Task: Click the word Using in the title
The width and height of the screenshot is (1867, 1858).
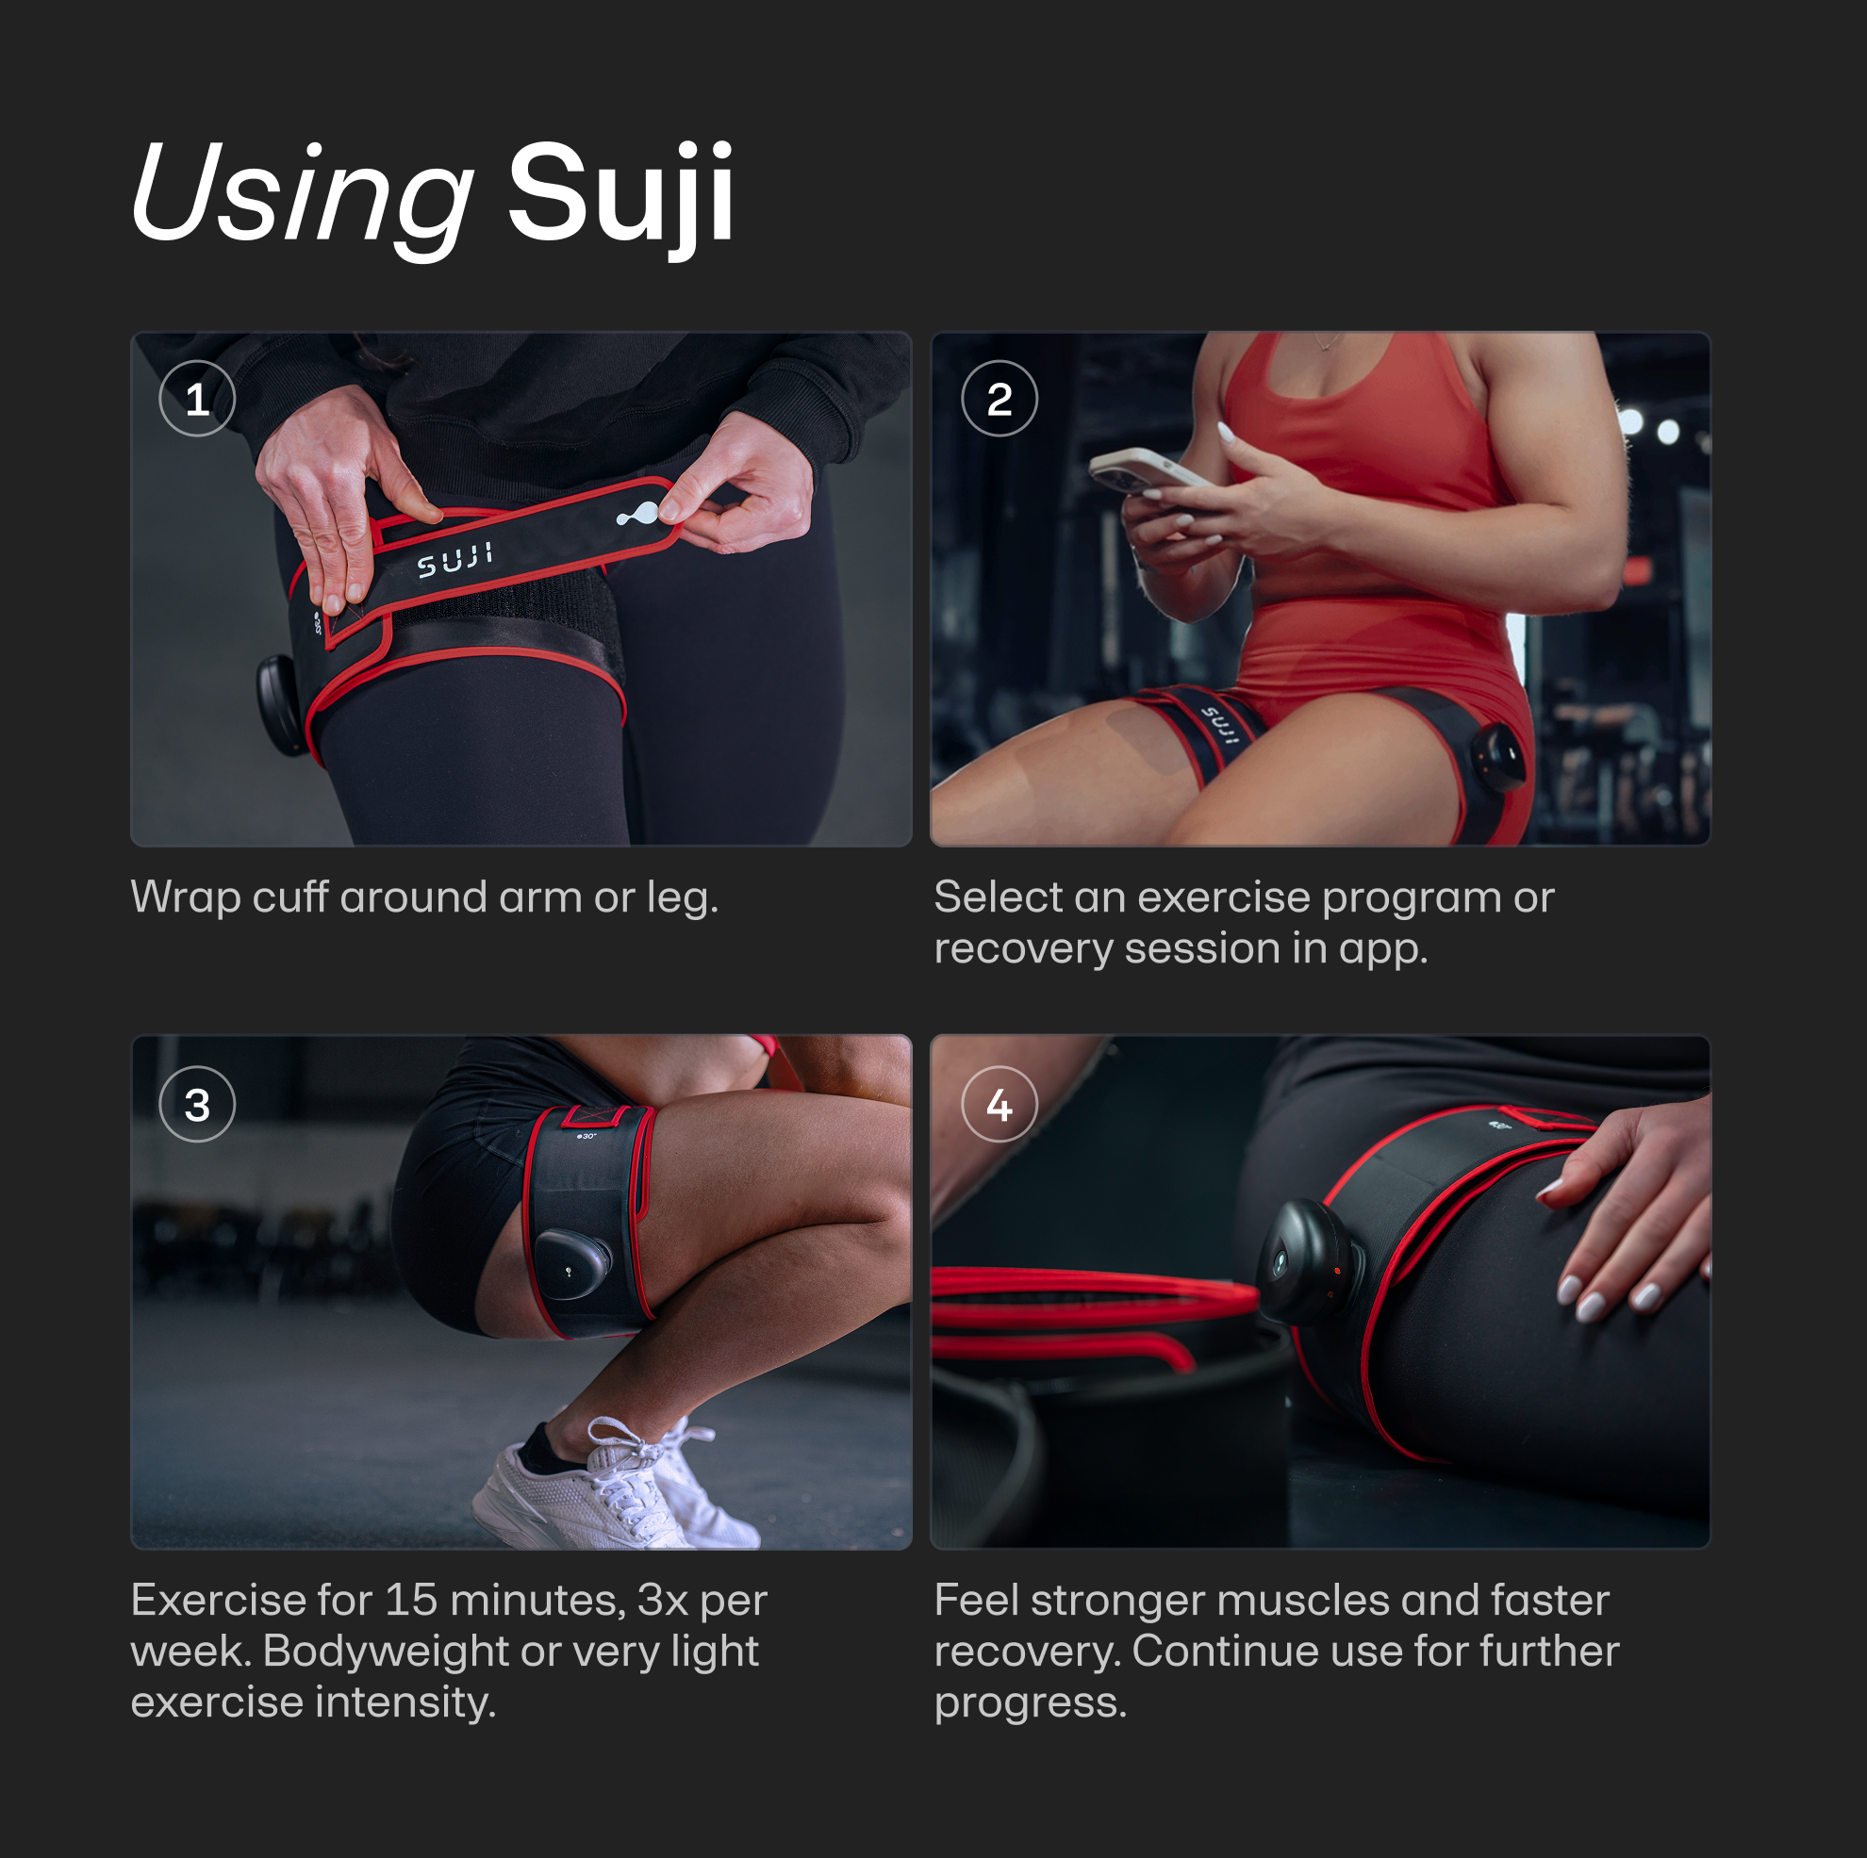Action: coord(302,193)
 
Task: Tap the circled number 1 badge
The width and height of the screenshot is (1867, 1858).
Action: coord(197,398)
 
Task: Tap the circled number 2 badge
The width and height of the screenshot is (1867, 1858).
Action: coord(1000,398)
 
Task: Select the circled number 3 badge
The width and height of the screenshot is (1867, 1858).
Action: coord(197,1105)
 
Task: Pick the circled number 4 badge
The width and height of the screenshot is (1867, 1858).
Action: coord(1000,1105)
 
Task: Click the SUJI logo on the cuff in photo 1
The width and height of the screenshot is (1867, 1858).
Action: coord(455,560)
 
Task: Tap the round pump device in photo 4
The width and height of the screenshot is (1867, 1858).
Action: coord(1309,1261)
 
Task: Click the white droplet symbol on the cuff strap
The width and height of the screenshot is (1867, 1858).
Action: coord(637,514)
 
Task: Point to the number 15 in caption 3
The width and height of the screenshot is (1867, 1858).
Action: coord(411,1601)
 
